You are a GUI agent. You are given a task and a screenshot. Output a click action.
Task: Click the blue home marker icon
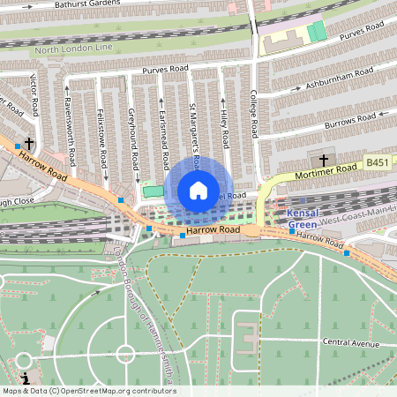[198, 190]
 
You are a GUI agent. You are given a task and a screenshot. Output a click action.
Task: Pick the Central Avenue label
[350, 342]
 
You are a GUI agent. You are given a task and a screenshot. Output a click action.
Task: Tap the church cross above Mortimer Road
[324, 160]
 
